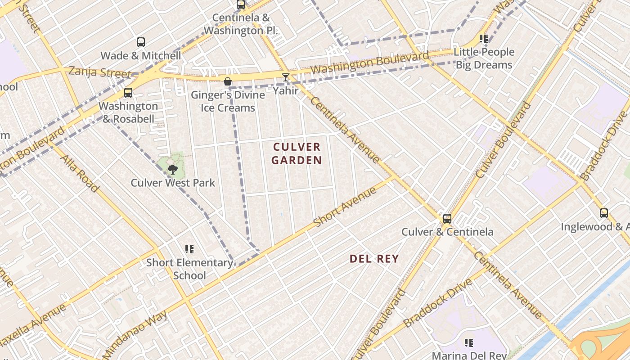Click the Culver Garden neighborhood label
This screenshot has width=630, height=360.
tap(297, 153)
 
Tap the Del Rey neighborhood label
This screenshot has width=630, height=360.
tap(374, 259)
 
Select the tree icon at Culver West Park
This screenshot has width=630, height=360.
tap(172, 170)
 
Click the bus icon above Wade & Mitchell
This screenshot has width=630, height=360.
tap(141, 42)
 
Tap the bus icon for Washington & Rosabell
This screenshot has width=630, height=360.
tap(128, 93)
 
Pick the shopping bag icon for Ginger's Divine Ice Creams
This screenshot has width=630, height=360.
tap(228, 81)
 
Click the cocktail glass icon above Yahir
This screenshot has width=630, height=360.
tap(286, 77)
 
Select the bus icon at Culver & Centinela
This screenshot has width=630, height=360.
tap(447, 219)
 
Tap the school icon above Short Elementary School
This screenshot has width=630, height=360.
tap(189, 249)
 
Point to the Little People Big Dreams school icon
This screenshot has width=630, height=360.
tap(484, 39)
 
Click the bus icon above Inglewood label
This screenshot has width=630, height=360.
tap(604, 213)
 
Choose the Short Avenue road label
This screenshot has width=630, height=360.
tap(345, 207)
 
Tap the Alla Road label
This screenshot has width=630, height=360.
tap(80, 173)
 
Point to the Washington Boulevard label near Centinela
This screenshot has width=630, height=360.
tap(369, 63)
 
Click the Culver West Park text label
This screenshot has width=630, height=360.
tap(173, 183)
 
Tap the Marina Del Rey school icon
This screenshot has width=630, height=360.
tap(469, 343)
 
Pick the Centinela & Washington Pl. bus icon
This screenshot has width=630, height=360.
tap(241, 5)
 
